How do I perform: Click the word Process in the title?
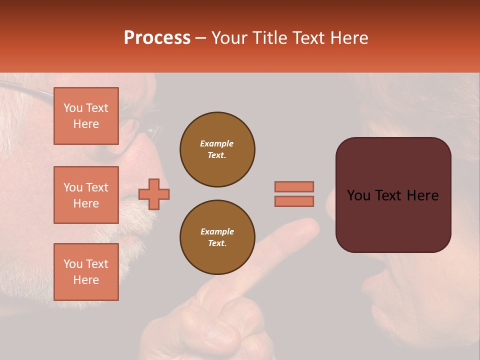(x=157, y=38)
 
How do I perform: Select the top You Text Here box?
(x=86, y=116)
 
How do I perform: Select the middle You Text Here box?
(x=86, y=195)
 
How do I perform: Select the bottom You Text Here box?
(x=86, y=272)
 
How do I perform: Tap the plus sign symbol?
(x=154, y=194)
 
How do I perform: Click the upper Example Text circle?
(x=217, y=149)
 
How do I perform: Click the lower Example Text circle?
(x=217, y=237)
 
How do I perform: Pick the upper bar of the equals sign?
(x=294, y=186)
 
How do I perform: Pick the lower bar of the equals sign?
(x=294, y=201)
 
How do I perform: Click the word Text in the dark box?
(x=392, y=195)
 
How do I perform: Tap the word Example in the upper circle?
(x=217, y=143)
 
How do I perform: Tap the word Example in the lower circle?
(x=217, y=231)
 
